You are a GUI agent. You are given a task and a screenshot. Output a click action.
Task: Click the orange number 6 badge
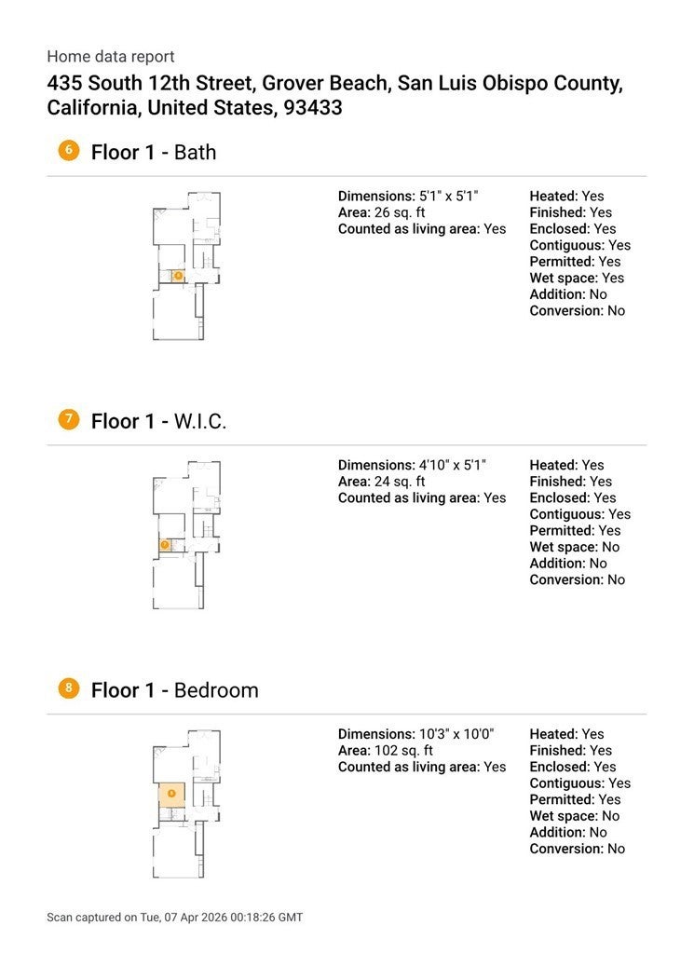(68, 150)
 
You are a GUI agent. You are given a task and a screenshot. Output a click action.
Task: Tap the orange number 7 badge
(68, 419)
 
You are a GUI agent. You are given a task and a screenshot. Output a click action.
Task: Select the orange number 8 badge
(68, 688)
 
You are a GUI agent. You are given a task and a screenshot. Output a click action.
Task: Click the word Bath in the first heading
(195, 152)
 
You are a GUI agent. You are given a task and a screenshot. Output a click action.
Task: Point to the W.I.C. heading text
(200, 421)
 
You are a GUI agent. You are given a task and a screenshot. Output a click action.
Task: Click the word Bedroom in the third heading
(216, 690)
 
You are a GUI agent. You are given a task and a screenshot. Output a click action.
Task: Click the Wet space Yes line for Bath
(577, 278)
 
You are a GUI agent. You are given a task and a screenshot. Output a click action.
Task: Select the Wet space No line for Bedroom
(574, 816)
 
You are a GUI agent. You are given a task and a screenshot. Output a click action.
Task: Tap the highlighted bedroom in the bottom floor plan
(171, 794)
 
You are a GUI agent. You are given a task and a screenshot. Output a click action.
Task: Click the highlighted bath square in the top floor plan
(177, 276)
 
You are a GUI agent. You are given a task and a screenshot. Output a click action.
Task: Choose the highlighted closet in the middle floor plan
(165, 545)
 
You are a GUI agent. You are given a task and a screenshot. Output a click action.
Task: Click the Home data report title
(111, 57)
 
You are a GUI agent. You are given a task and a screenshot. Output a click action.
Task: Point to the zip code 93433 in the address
(314, 108)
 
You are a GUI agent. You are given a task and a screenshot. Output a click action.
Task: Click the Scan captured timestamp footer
(174, 918)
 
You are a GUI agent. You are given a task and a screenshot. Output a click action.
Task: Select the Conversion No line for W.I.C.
(578, 579)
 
